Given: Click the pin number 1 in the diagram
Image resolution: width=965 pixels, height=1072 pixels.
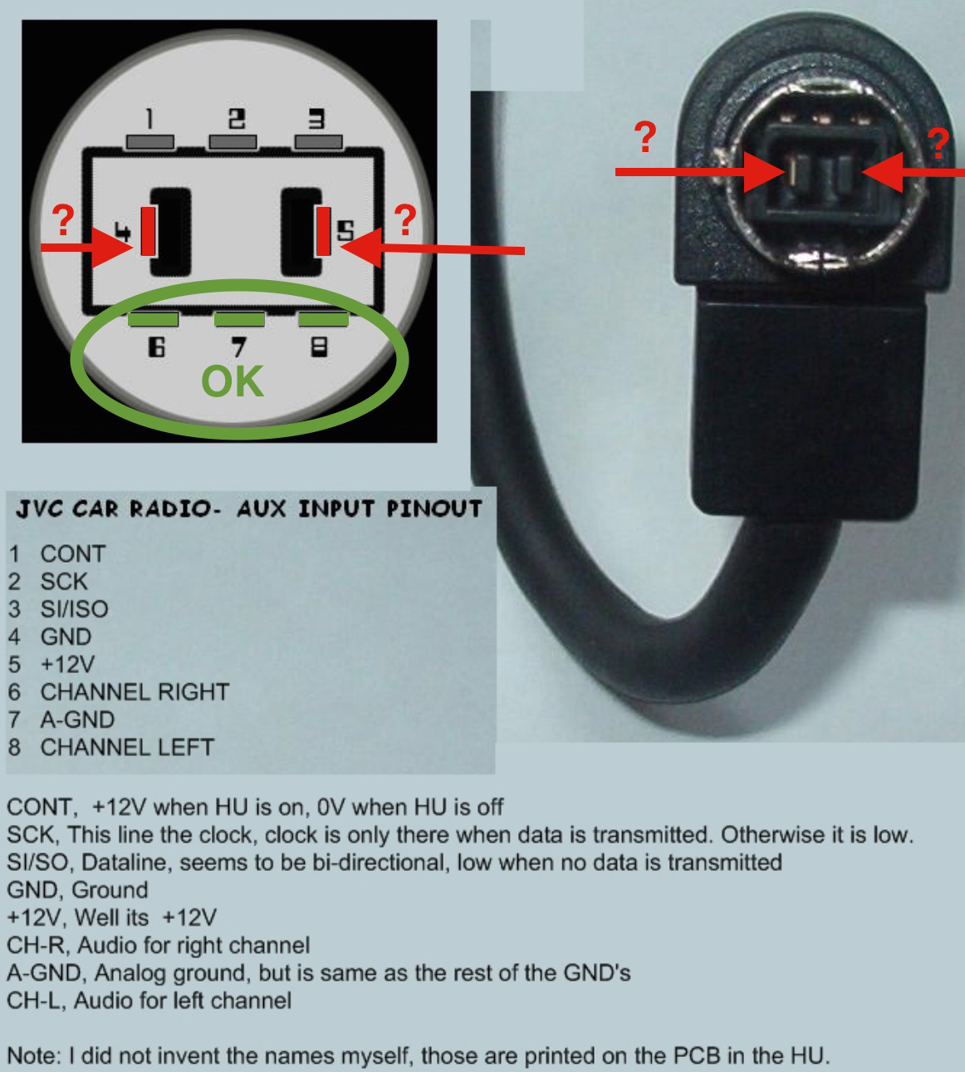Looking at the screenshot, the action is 149,119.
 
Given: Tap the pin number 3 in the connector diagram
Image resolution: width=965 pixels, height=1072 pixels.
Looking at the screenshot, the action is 316,119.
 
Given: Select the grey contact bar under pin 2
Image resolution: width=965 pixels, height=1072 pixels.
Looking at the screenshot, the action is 233,142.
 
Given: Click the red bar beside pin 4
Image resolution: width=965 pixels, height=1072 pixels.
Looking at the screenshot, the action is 148,231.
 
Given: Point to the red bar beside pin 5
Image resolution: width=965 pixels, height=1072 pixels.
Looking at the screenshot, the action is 324,231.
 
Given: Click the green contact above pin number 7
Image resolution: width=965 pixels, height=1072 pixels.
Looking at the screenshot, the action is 239,320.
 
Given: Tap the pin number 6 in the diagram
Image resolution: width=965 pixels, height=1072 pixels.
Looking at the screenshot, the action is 156,347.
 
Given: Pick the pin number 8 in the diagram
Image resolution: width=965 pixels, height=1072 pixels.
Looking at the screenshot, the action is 320,347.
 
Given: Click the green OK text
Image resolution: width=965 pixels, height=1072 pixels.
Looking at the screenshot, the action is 233,381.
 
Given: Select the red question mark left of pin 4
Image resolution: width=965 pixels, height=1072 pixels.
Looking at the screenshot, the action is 63,220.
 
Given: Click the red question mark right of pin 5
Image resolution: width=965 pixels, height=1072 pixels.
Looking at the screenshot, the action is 404,219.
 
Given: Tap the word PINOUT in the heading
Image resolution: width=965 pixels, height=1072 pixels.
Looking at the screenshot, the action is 434,509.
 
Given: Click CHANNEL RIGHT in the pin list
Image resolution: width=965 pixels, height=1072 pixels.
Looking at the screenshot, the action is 135,692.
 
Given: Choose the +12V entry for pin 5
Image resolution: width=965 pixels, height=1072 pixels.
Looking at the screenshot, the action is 68,664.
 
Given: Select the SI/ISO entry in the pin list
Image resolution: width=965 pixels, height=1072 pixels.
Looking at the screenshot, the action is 75,609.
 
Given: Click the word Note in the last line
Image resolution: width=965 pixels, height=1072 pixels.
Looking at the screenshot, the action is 34,1056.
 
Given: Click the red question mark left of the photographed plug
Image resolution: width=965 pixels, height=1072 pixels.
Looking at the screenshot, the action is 645,137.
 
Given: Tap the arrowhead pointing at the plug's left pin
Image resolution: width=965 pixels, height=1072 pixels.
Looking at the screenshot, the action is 765,172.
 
